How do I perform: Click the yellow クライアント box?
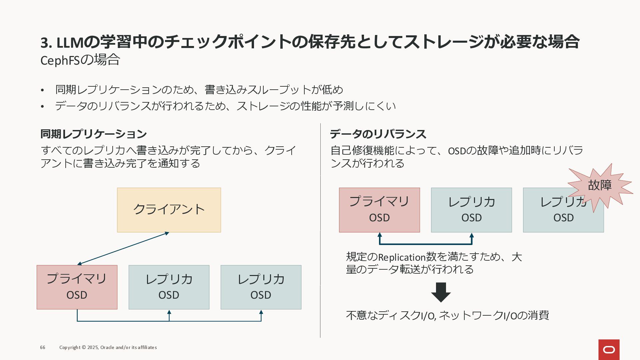tap(169, 210)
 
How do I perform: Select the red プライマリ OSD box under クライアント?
tap(77, 287)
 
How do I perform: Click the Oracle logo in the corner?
tap(609, 350)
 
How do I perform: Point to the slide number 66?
tap(43, 347)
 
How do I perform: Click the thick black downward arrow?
tap(441, 292)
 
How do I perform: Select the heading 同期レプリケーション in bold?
tap(93, 134)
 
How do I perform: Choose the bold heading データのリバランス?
tap(378, 134)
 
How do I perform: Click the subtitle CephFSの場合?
tap(80, 60)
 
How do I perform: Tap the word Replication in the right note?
tap(402, 257)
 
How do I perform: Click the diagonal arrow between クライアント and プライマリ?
tap(123, 248)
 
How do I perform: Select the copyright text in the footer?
tap(108, 347)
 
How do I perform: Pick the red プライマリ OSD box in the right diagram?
tap(379, 210)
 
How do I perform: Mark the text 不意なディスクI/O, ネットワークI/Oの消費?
tap(447, 315)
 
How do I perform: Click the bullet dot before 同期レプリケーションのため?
tap(42, 90)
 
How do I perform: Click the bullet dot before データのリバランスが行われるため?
tap(42, 107)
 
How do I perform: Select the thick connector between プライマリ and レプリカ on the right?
tap(425, 244)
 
